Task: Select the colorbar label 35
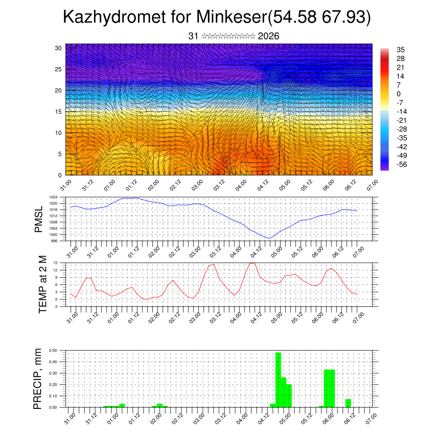[401, 50]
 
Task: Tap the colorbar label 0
[399, 94]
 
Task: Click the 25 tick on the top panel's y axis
[59, 69]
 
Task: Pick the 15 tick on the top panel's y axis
[59, 112]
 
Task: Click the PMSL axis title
[38, 219]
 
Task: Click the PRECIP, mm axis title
[38, 379]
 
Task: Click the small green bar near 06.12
[348, 403]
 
